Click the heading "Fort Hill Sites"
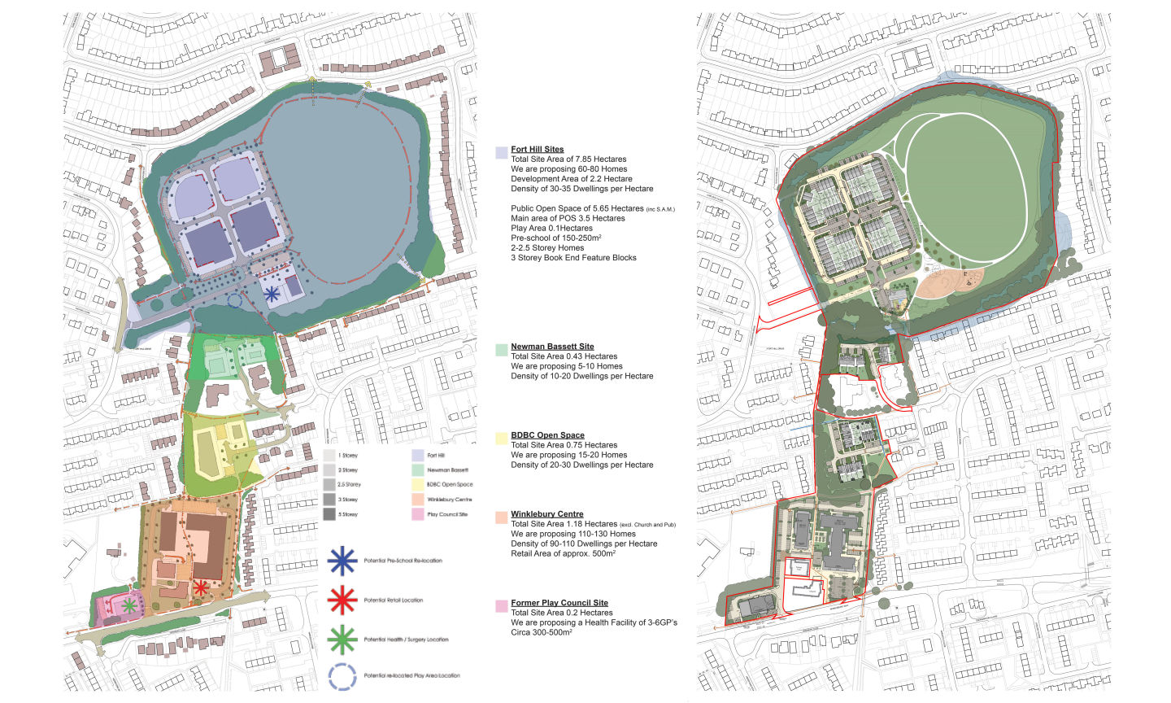pyautogui.click(x=537, y=150)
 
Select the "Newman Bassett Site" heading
pyautogui.click(x=552, y=347)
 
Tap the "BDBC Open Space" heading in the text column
pyautogui.click(x=547, y=435)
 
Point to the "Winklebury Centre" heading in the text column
pyautogui.click(x=546, y=514)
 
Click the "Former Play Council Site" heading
pyautogui.click(x=559, y=603)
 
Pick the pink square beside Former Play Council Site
pyautogui.click(x=501, y=606)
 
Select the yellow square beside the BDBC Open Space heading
pyautogui.click(x=501, y=439)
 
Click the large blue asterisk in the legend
pyautogui.click(x=342, y=561)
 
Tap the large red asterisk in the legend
pyautogui.click(x=342, y=600)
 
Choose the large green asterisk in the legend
pyautogui.click(x=342, y=640)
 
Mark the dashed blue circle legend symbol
pyautogui.click(x=342, y=676)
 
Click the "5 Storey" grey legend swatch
pyautogui.click(x=329, y=514)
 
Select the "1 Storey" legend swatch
pyautogui.click(x=329, y=456)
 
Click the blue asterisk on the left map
pyautogui.click(x=272, y=294)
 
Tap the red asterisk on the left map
pyautogui.click(x=200, y=587)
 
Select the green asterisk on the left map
pyautogui.click(x=128, y=605)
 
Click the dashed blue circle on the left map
pyautogui.click(x=235, y=301)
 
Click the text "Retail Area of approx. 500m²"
pyautogui.click(x=563, y=553)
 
